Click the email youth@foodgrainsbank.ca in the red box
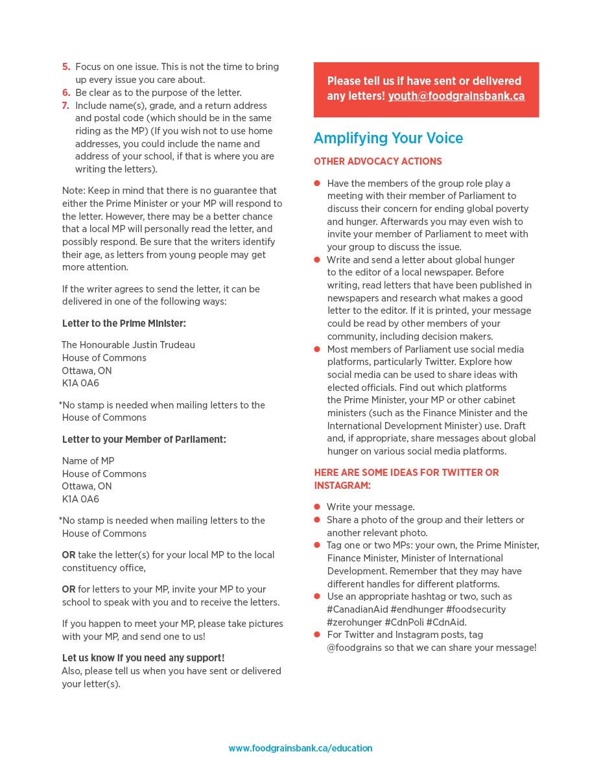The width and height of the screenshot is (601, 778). point(456,97)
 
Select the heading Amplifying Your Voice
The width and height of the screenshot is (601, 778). point(388,138)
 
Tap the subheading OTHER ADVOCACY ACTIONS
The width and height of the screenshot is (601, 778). point(377,161)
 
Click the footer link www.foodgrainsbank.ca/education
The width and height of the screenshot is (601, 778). point(300,748)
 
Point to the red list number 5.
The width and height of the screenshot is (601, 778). point(66,67)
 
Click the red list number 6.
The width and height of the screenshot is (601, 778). point(66,93)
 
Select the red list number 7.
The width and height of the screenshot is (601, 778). point(66,106)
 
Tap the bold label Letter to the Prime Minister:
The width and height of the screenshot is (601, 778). point(124,324)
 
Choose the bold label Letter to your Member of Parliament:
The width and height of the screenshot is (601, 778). point(144,440)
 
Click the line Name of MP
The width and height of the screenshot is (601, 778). point(88,461)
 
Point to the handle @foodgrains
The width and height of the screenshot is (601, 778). point(353,648)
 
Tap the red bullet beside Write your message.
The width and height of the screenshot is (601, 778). point(317,507)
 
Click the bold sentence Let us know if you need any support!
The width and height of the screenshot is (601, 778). point(143,658)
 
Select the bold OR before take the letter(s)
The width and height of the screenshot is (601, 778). point(69,555)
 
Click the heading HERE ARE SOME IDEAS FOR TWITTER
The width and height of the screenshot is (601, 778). point(407,473)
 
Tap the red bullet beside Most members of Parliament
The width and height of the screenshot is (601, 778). point(317,349)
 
